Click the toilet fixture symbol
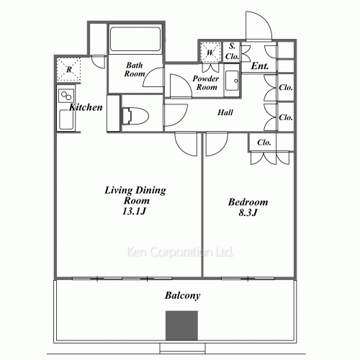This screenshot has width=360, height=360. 135,116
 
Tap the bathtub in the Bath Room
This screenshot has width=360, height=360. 135,39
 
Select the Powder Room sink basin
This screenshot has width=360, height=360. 232,81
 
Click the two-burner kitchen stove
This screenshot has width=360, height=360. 66,96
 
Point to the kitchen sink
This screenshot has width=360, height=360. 66,120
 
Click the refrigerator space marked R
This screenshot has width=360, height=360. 69,69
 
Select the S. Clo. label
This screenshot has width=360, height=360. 232,51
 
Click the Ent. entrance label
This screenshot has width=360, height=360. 260,66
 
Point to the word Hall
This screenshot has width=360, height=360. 225,112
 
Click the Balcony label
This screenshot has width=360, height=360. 182,295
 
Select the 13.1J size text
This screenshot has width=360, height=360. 135,211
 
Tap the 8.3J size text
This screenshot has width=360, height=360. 248,212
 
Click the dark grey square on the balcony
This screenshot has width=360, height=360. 181,325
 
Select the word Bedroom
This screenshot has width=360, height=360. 248,202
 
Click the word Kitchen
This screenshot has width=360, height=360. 86,107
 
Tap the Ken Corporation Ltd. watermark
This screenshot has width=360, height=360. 180,252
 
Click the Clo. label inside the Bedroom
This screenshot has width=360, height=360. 264,143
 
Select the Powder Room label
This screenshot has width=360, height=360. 206,83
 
